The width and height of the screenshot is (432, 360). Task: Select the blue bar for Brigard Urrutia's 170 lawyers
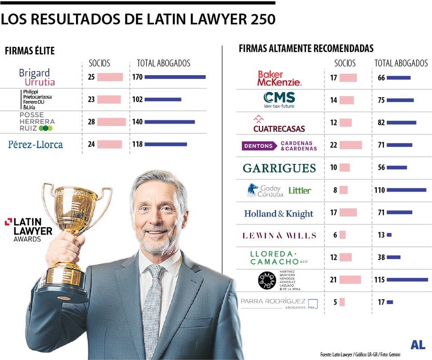click(x=175, y=77)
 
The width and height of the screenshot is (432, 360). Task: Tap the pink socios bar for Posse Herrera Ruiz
click(x=112, y=122)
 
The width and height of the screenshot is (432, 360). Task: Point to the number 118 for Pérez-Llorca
click(x=137, y=144)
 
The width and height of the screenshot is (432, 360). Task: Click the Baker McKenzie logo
click(x=279, y=78)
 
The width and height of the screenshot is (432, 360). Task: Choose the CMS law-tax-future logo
click(x=279, y=100)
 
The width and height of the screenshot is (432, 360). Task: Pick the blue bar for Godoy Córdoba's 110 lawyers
click(x=406, y=190)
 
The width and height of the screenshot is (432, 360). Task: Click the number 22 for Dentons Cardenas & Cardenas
click(x=333, y=145)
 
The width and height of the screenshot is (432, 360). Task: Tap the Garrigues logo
click(x=279, y=168)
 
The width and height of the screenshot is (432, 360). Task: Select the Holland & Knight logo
click(x=279, y=214)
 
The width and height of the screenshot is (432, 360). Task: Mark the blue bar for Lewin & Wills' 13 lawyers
click(x=389, y=235)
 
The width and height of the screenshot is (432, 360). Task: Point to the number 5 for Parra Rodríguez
click(x=335, y=302)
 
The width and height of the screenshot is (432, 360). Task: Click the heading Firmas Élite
click(x=30, y=51)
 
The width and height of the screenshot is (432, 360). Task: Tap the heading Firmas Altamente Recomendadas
click(x=306, y=49)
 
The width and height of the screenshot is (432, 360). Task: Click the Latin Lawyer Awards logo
click(x=29, y=229)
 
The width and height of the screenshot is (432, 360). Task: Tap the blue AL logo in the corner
click(x=418, y=345)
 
